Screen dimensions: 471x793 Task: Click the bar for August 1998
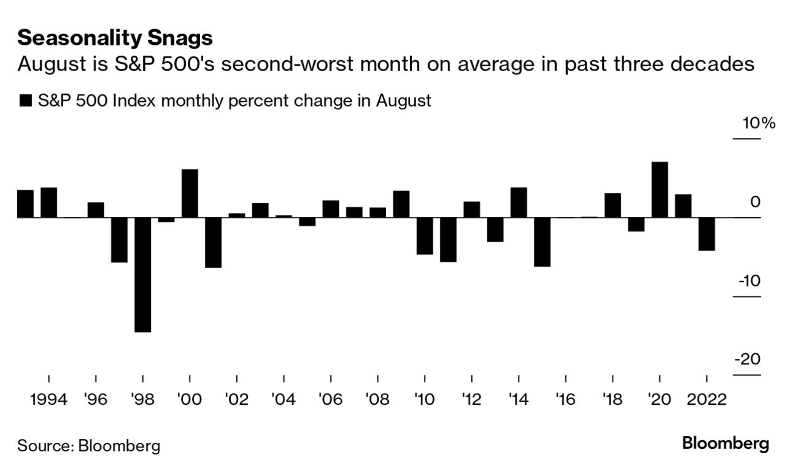[142, 275]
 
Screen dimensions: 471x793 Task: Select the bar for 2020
[660, 190]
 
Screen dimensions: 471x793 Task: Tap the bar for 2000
[190, 193]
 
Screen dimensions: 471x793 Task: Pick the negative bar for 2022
[706, 234]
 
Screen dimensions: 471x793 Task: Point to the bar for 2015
[542, 242]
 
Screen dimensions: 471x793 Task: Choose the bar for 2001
[213, 242]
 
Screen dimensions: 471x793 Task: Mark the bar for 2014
[519, 202]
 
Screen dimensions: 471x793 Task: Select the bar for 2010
[425, 235]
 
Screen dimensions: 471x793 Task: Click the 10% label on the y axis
[759, 123]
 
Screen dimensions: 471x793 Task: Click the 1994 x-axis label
[48, 399]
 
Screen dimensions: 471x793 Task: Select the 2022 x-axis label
[706, 399]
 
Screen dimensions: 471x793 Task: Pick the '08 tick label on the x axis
[377, 399]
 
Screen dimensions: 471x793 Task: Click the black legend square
[25, 101]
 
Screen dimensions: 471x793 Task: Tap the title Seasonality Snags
[115, 39]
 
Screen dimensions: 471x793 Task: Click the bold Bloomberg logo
[725, 443]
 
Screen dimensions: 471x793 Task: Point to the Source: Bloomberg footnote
[88, 445]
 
